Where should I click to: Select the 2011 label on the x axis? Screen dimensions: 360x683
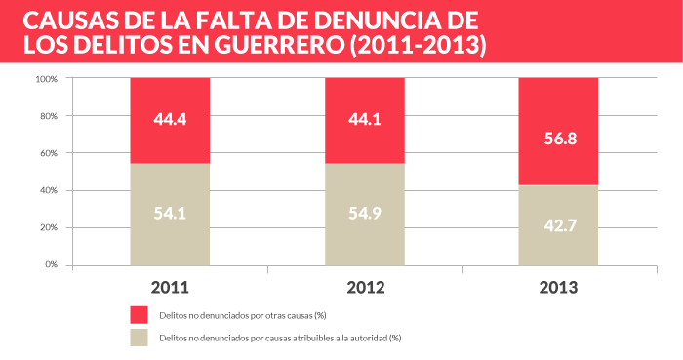click(x=170, y=288)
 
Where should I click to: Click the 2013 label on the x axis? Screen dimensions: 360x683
click(x=557, y=288)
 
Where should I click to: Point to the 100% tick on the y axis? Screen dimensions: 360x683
click(x=47, y=79)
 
